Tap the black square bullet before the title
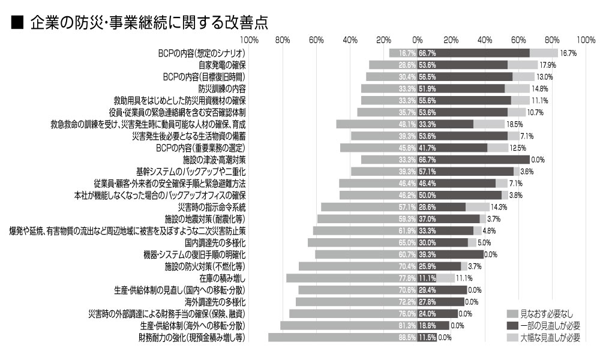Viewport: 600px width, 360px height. (x=17, y=22)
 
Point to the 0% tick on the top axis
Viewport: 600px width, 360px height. (x=418, y=40)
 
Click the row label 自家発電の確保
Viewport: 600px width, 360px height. (x=222, y=65)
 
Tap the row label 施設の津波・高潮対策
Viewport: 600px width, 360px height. (x=214, y=160)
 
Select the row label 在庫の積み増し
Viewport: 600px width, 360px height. (x=223, y=278)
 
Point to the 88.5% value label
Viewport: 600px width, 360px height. (x=407, y=338)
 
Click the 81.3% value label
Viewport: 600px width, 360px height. (x=407, y=326)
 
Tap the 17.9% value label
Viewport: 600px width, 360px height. (x=547, y=65)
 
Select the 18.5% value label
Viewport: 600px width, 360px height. (x=515, y=124)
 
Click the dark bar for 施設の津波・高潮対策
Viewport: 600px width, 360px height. (x=474, y=160)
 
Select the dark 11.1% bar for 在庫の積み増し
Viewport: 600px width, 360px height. (x=427, y=278)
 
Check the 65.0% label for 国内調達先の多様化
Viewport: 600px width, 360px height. (x=407, y=243)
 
